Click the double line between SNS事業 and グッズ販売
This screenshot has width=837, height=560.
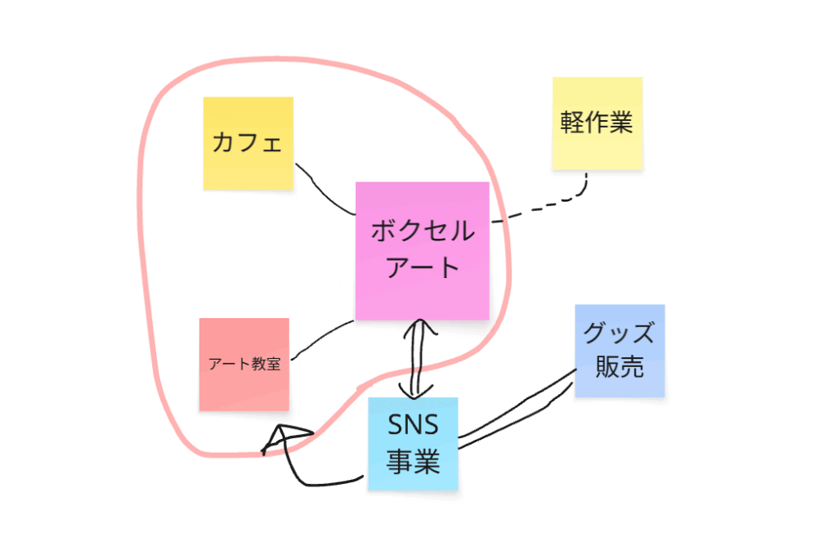click(515, 417)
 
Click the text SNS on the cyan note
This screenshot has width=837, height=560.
click(413, 426)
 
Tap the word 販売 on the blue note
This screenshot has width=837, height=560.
click(620, 367)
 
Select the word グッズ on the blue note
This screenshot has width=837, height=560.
click(620, 334)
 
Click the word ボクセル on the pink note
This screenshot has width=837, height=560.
click(423, 231)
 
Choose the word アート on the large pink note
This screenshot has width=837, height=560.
click(423, 267)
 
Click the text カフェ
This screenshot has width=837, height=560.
click(247, 143)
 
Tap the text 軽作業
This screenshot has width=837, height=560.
click(597, 123)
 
